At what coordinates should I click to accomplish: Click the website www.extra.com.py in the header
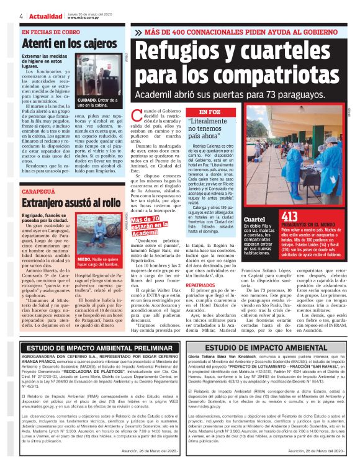coord(81,17)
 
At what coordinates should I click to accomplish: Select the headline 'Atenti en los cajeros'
coord(61,44)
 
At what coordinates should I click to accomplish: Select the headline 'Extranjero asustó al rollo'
coord(71,203)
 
